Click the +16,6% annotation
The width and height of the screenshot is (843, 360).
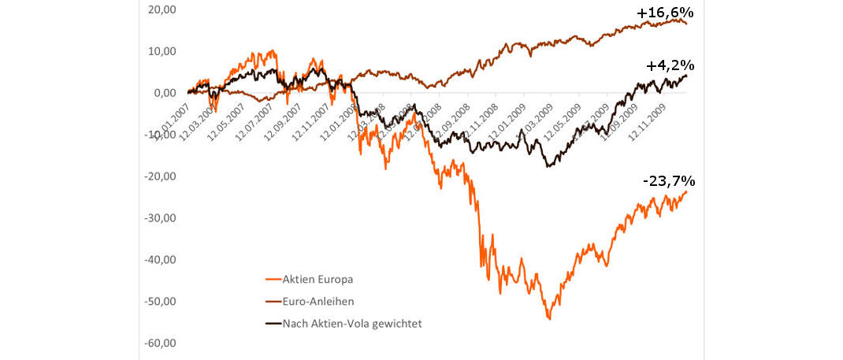pos(665,13)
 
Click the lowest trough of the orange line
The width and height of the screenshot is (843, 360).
pos(549,318)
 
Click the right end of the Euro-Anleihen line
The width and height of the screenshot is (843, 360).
pos(685,23)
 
